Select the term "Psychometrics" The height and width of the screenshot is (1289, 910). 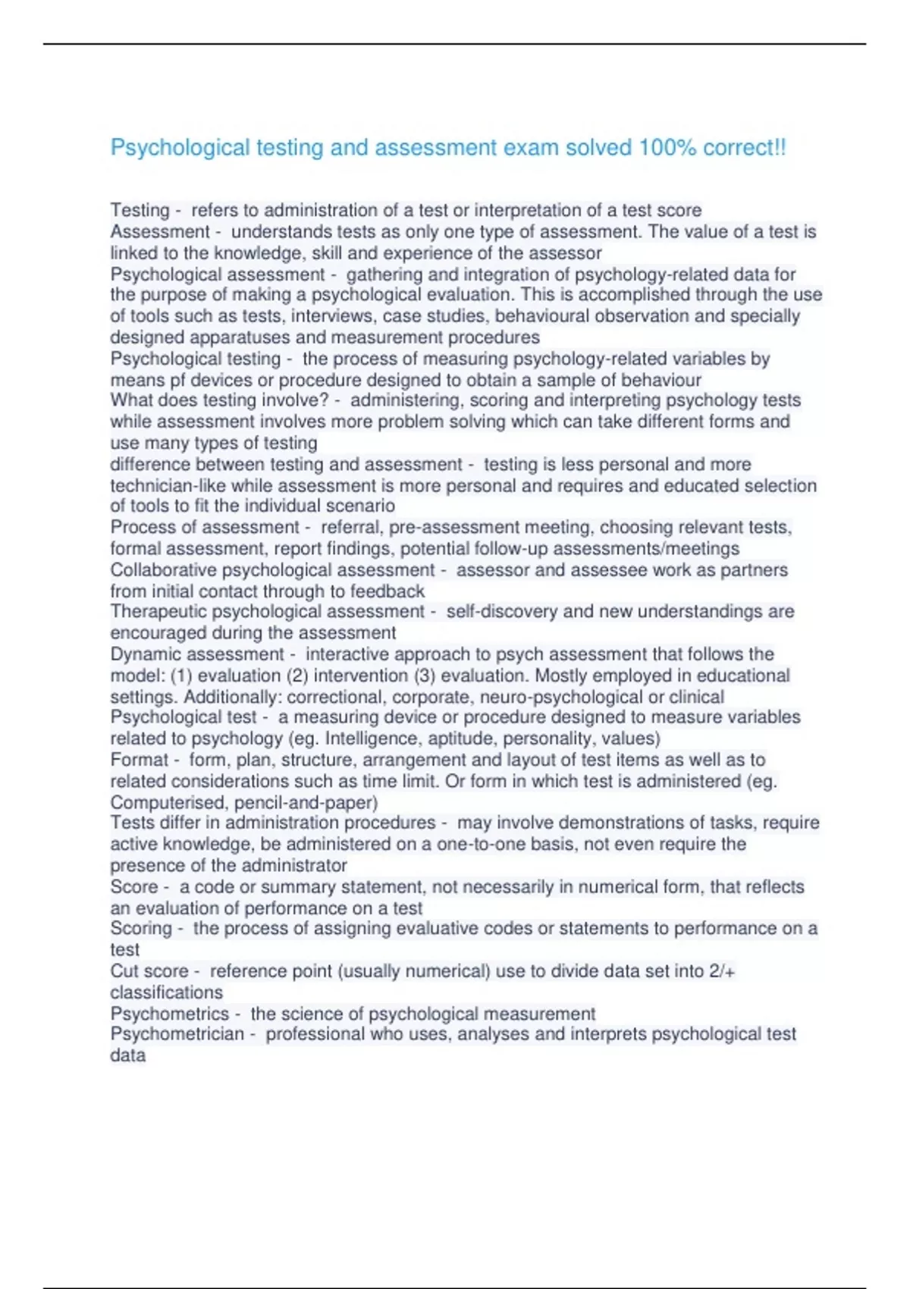coord(169,1014)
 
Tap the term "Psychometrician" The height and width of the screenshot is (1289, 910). coord(177,1034)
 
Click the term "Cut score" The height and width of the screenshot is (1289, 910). coord(149,971)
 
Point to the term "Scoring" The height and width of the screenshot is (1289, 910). coord(141,929)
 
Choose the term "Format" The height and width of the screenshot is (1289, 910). coord(140,760)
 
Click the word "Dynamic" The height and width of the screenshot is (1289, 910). coord(145,654)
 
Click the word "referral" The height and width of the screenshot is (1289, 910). coord(352,528)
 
